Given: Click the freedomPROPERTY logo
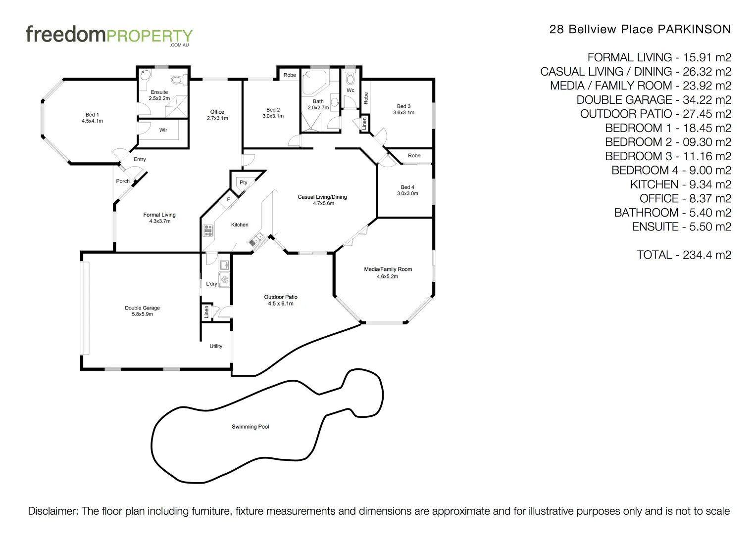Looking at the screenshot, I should coord(109,36).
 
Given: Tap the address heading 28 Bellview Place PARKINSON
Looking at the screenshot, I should coord(640,29).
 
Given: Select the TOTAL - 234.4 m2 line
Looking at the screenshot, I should coord(683,255).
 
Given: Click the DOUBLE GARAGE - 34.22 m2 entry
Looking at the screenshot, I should coord(654,100).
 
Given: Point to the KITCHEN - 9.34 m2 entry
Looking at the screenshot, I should coord(680,184).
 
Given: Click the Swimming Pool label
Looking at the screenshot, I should coord(250,427).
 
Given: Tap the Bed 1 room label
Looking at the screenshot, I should coord(92,118).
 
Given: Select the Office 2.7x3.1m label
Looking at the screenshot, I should coord(217,115).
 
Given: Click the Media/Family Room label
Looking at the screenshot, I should coord(388,269).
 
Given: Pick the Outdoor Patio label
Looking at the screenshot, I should coord(281,300).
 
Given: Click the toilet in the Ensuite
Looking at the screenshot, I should coord(177,80).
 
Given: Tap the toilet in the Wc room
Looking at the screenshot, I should coord(350,79).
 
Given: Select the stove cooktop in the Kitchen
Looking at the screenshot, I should coord(208,230).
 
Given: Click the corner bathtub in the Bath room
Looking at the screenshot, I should coord(313,82).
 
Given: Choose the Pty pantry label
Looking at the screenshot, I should coord(244,182).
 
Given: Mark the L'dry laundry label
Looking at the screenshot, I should coord(211,284).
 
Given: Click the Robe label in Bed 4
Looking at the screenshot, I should coord(414,156).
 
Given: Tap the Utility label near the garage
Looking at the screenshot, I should coord(216,346).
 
